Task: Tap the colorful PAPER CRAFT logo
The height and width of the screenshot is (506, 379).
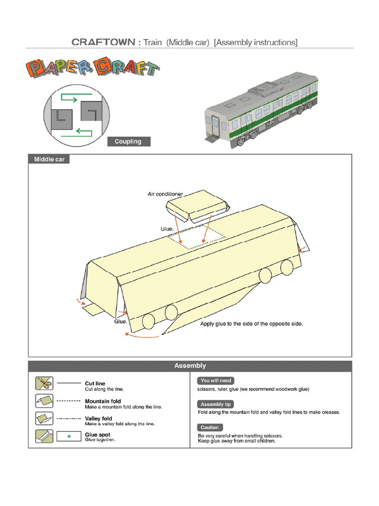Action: coord(92,69)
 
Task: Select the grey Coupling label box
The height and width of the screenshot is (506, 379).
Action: coord(128,142)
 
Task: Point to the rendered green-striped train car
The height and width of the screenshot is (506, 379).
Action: coord(261,112)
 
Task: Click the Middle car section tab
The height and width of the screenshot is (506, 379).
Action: coord(49,160)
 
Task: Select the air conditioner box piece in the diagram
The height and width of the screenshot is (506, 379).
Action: coord(197,206)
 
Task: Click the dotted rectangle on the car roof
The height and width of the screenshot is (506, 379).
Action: coord(196,237)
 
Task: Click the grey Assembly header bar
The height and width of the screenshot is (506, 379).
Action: coord(190,366)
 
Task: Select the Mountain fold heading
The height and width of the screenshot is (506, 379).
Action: coord(103,401)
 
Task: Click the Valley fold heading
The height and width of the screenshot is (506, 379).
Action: coord(98,419)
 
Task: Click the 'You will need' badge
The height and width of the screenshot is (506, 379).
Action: coord(216,381)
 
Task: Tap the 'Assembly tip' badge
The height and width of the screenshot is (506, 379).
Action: coord(216,404)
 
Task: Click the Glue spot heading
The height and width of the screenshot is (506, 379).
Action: coord(98,435)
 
